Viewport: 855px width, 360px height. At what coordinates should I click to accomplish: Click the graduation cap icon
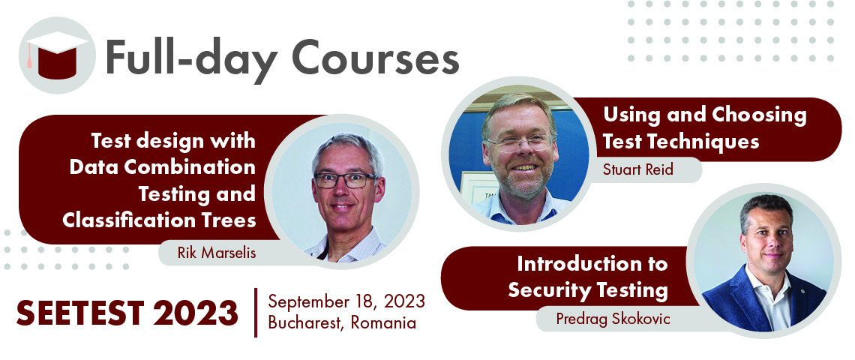click(57, 55)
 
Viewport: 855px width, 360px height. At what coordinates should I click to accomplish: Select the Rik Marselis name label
click(217, 253)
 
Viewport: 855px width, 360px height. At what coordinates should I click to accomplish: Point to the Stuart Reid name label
click(637, 169)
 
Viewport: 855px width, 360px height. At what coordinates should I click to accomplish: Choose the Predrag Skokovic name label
click(613, 319)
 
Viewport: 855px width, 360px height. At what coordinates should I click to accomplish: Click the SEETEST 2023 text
click(127, 313)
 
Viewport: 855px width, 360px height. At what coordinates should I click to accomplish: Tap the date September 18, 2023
click(346, 301)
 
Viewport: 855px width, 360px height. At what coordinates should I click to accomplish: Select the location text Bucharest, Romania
click(342, 323)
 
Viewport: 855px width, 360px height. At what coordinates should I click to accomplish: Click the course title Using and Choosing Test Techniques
click(704, 128)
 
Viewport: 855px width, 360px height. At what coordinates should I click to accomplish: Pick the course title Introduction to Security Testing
click(588, 277)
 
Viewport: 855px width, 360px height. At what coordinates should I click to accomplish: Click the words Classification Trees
click(159, 220)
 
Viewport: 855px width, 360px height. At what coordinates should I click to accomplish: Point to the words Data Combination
click(162, 167)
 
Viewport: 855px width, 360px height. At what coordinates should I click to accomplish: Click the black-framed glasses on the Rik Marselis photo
click(344, 180)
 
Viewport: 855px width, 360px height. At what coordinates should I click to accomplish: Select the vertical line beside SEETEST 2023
click(255, 313)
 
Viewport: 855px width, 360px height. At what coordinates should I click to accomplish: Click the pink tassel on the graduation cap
click(29, 56)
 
